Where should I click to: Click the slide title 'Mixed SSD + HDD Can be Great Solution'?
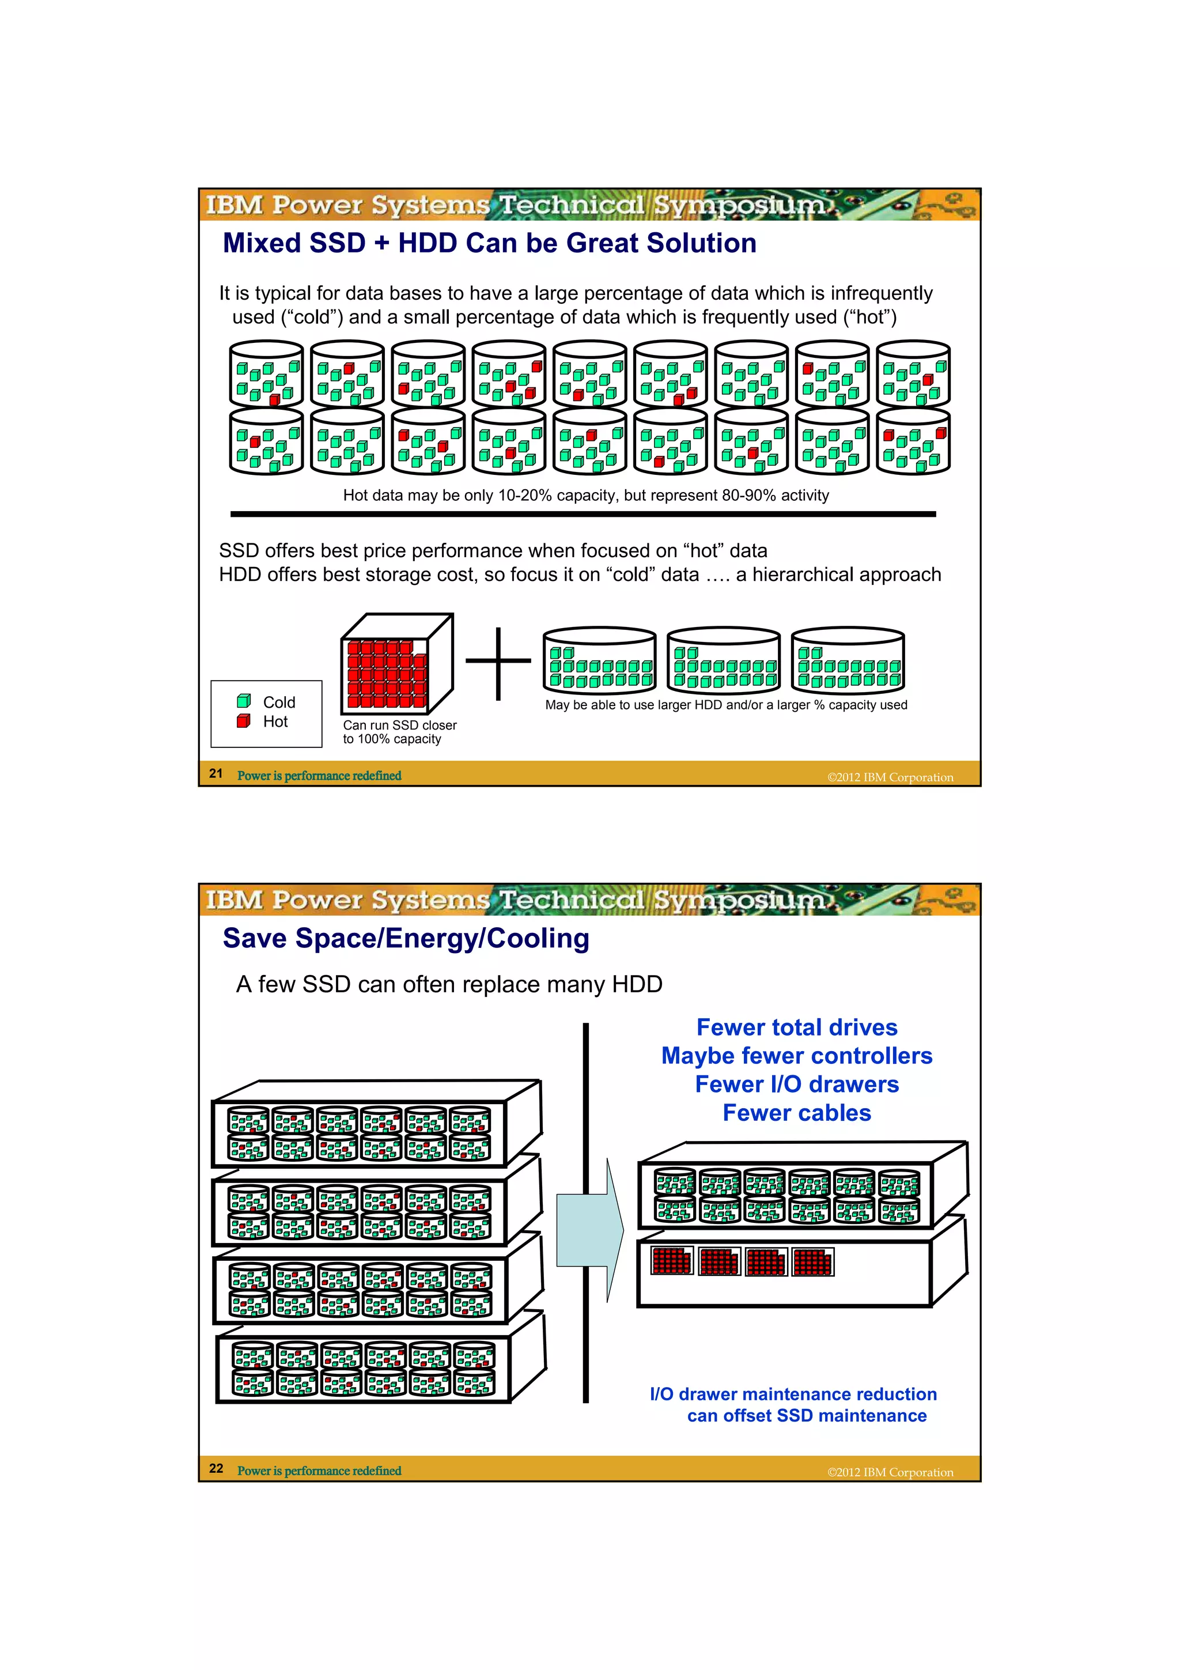coord(489,243)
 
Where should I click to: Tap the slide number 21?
coord(216,773)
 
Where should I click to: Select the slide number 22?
coord(216,1468)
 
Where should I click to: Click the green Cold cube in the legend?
coord(244,701)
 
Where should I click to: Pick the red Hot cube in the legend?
coord(244,721)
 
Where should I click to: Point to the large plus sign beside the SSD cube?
coord(498,662)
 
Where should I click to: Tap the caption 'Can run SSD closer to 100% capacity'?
coord(399,732)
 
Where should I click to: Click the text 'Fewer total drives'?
coord(797,1027)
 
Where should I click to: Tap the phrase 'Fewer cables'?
coord(797,1113)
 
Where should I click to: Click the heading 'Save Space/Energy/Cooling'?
coord(406,938)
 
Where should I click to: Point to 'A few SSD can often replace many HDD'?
coord(449,984)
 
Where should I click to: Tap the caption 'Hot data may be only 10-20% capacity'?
coord(585,496)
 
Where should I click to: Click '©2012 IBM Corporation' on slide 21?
coord(890,777)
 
